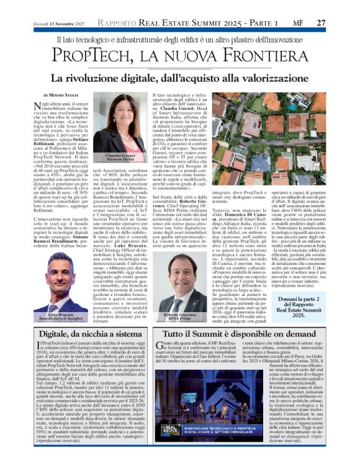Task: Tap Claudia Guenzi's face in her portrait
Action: (x=122, y=115)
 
